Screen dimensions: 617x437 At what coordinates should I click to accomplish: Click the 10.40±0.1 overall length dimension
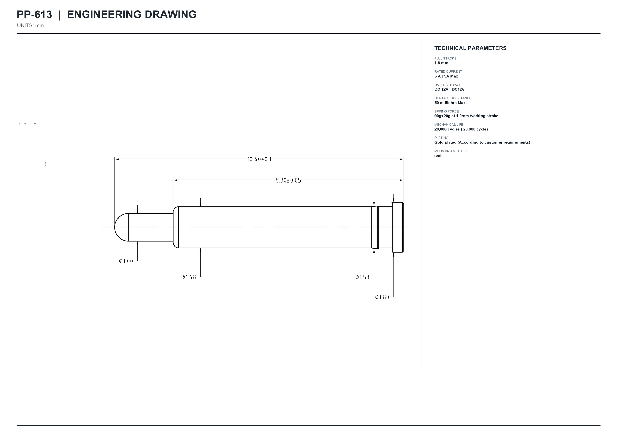point(259,159)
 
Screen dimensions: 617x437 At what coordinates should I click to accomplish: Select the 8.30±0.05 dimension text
point(288,180)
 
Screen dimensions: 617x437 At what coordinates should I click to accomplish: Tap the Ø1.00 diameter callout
point(126,261)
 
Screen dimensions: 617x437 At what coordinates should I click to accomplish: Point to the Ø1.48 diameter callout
point(189,277)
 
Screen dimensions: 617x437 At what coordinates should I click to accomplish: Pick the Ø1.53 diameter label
point(362,277)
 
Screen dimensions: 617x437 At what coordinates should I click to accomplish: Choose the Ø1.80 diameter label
point(382,297)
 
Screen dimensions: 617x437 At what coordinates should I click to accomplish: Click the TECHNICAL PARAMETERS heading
point(470,48)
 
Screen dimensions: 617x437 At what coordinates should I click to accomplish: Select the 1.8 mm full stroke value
point(441,63)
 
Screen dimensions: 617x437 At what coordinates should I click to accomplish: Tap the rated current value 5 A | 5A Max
point(446,76)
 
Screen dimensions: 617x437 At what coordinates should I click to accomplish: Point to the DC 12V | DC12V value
point(449,89)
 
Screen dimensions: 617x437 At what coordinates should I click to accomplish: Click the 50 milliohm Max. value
point(450,103)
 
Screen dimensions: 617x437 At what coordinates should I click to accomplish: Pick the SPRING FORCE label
point(446,111)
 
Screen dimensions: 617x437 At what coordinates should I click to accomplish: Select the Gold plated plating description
point(482,142)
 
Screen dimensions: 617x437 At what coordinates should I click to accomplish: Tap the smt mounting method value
point(438,156)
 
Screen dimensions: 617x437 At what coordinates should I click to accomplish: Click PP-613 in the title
point(34,15)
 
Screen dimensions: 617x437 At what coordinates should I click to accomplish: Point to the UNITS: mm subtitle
point(30,25)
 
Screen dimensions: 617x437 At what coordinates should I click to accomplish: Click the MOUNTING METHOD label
point(450,151)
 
